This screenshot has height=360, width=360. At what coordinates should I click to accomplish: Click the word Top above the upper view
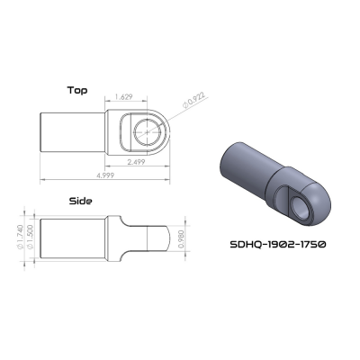pyautogui.click(x=78, y=90)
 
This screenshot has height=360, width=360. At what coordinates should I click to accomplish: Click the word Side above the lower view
pyautogui.click(x=81, y=202)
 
